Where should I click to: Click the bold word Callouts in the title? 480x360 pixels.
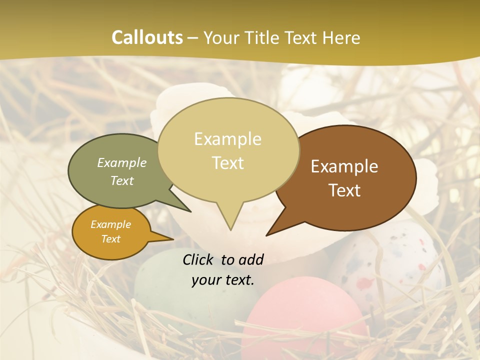click(x=147, y=37)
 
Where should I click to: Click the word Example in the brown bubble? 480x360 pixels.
click(x=344, y=166)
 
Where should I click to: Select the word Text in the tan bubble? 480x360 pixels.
click(x=228, y=163)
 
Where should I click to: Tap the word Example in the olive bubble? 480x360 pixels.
click(x=122, y=162)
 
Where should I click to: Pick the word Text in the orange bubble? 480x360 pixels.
click(x=111, y=239)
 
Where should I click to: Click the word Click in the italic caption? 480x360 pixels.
click(x=199, y=259)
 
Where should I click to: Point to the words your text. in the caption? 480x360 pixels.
click(x=223, y=280)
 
